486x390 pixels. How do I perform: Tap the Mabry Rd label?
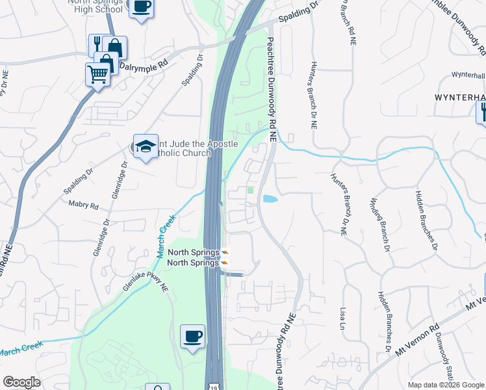pos(83,205)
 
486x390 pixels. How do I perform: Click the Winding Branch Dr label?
pos(381,224)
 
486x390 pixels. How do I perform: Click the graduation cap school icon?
pos(146,146)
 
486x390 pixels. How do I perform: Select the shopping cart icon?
pos(97,73)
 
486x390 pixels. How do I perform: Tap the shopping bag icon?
pos(115,47)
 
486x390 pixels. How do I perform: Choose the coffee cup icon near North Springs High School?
pos(141,8)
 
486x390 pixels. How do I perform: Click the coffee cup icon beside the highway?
pos(192,336)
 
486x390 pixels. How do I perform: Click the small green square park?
pos(251,190)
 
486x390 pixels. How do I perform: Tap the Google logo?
pos(22,382)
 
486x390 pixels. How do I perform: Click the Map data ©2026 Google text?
pos(446,385)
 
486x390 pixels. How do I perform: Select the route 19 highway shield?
pos(214,386)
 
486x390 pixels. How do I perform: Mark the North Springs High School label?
pos(97,6)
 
